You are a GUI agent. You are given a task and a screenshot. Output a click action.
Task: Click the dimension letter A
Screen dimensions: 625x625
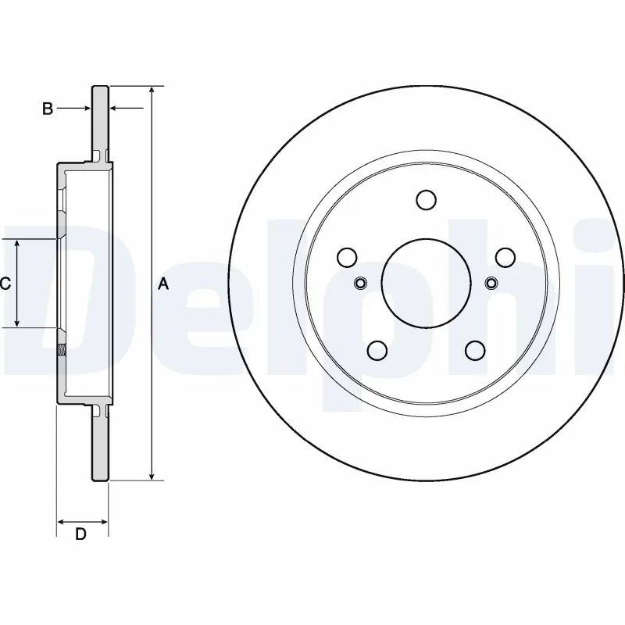click(163, 284)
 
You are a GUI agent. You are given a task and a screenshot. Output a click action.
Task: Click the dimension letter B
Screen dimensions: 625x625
click(48, 109)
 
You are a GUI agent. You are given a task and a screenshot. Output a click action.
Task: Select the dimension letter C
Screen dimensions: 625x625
click(5, 284)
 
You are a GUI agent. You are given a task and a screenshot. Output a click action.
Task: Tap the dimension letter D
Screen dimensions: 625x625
click(80, 534)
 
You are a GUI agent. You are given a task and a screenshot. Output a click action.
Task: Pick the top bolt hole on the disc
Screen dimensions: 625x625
click(426, 200)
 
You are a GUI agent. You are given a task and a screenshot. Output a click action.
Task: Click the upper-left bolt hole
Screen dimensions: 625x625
click(347, 257)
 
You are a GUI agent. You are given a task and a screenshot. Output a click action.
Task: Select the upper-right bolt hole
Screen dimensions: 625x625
click(505, 257)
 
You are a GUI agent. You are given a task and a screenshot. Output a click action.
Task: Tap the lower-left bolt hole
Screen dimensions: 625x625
click(377, 349)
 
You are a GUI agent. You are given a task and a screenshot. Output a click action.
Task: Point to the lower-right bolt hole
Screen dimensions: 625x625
click(475, 349)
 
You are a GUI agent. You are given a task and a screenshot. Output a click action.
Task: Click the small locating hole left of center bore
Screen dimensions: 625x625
click(361, 282)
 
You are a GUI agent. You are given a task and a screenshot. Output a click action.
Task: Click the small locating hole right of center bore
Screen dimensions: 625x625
click(491, 282)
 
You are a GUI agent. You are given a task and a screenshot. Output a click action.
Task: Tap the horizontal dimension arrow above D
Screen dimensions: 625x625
click(82, 521)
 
